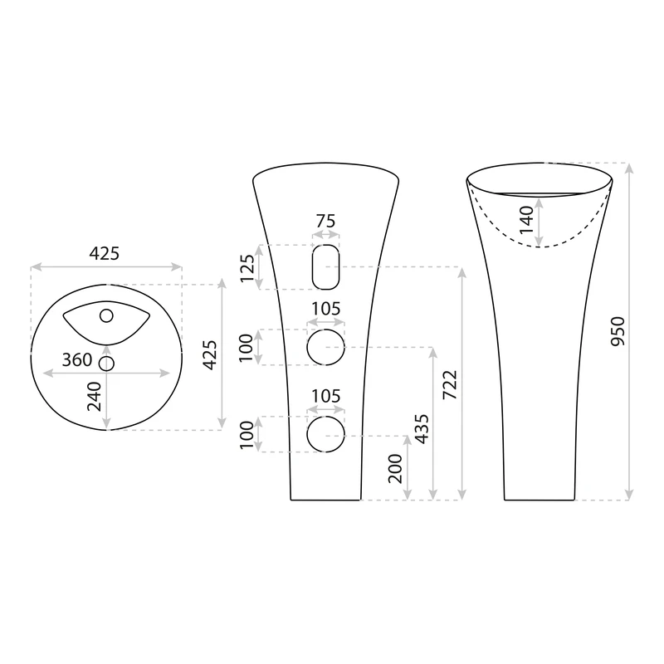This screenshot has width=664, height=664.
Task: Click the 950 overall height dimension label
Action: [618, 331]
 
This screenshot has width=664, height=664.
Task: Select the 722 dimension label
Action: [450, 385]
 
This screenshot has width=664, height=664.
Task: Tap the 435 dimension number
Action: [422, 429]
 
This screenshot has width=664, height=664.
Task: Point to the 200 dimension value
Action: [395, 468]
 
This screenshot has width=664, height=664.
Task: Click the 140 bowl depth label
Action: [526, 219]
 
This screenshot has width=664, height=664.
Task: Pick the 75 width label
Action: [325, 221]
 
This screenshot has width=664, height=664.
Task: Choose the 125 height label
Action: [247, 268]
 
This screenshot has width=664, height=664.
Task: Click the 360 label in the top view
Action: [77, 360]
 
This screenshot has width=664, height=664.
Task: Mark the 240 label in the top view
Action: [95, 397]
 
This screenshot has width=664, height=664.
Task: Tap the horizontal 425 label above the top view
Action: [105, 254]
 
